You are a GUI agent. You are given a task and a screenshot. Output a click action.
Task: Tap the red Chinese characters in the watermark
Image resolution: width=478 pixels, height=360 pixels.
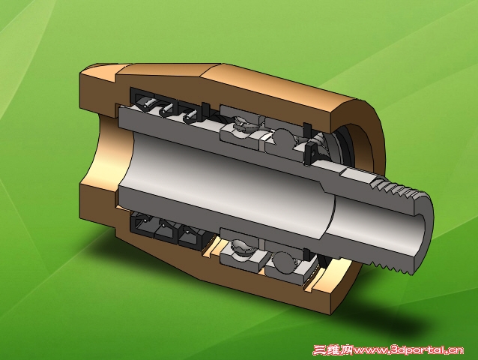click(x=333, y=349)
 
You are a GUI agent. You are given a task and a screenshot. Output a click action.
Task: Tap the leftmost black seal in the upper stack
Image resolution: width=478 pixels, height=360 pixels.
click(x=142, y=100)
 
